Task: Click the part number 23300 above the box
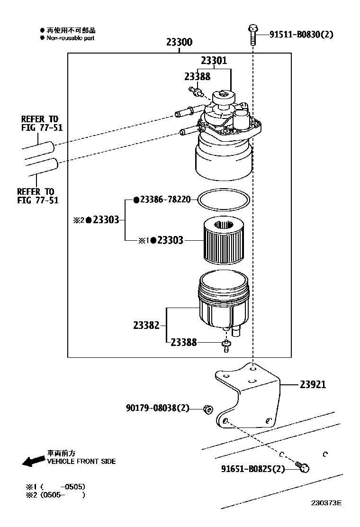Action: pos(180,42)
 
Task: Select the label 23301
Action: pos(214,61)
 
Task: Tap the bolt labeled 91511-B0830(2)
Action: pos(252,35)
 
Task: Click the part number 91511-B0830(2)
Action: pos(301,34)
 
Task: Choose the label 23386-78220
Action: pos(162,200)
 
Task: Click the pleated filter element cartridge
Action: pos(223,239)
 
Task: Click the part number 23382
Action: pos(146,325)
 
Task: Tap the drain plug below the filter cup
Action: pos(226,346)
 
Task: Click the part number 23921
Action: pos(313,384)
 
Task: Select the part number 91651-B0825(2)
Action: pos(253,468)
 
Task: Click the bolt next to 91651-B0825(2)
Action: pos(303,466)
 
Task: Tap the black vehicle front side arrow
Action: pos(34,461)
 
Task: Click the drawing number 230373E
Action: pos(326,503)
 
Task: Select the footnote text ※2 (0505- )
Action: pos(56,495)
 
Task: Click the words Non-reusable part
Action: pos(70,38)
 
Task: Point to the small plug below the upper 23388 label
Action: pos(196,91)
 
